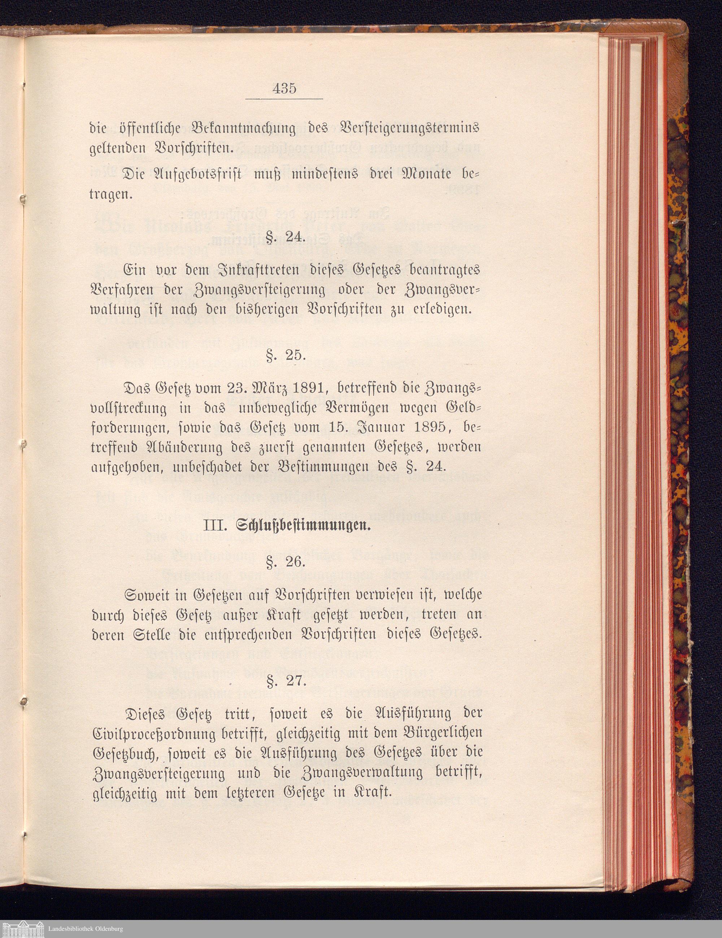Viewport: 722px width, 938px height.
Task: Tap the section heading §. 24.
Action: click(284, 238)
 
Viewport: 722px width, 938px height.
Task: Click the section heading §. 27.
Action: click(284, 682)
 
